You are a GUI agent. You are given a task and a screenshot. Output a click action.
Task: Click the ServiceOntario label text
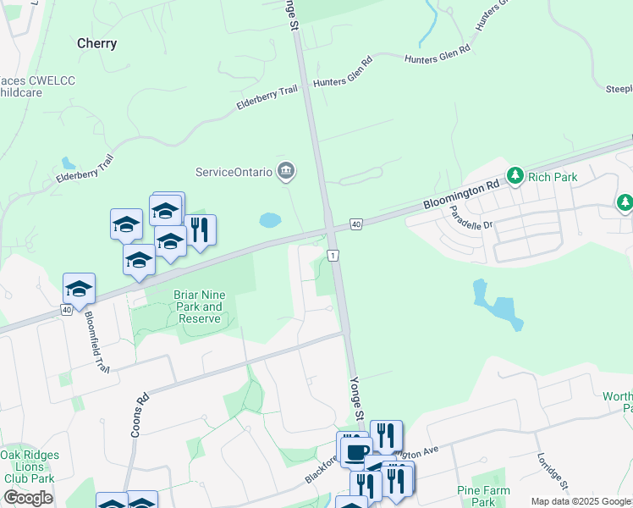tap(234, 172)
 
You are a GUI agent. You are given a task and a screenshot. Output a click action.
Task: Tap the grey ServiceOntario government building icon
tap(286, 172)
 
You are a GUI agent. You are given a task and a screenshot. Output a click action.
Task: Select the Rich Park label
tap(551, 177)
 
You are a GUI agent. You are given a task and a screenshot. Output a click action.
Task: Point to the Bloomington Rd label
tap(462, 196)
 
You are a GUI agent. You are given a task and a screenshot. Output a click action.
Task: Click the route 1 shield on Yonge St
tap(334, 255)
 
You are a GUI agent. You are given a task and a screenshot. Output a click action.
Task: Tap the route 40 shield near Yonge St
tap(355, 224)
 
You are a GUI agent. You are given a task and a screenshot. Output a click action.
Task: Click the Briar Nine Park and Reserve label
tap(197, 306)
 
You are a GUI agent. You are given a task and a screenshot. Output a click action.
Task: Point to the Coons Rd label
tap(140, 414)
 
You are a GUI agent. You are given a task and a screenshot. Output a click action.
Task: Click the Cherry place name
tap(96, 43)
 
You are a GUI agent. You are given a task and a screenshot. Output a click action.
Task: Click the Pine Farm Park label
tap(483, 495)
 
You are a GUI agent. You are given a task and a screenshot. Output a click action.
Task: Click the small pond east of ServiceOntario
tap(270, 220)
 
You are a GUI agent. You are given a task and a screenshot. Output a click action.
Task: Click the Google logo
tap(28, 498)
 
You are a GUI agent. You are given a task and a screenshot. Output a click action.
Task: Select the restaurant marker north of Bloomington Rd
tap(199, 230)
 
